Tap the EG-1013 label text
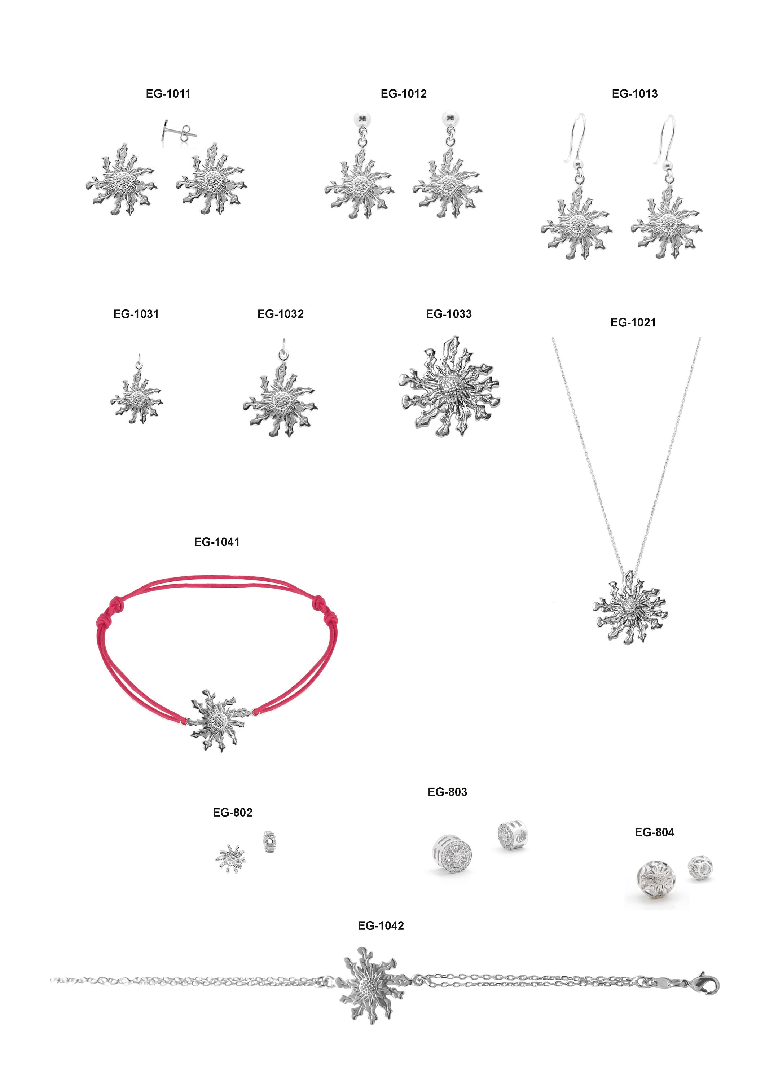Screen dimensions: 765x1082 point(634,93)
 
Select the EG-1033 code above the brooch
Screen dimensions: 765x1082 point(448,314)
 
